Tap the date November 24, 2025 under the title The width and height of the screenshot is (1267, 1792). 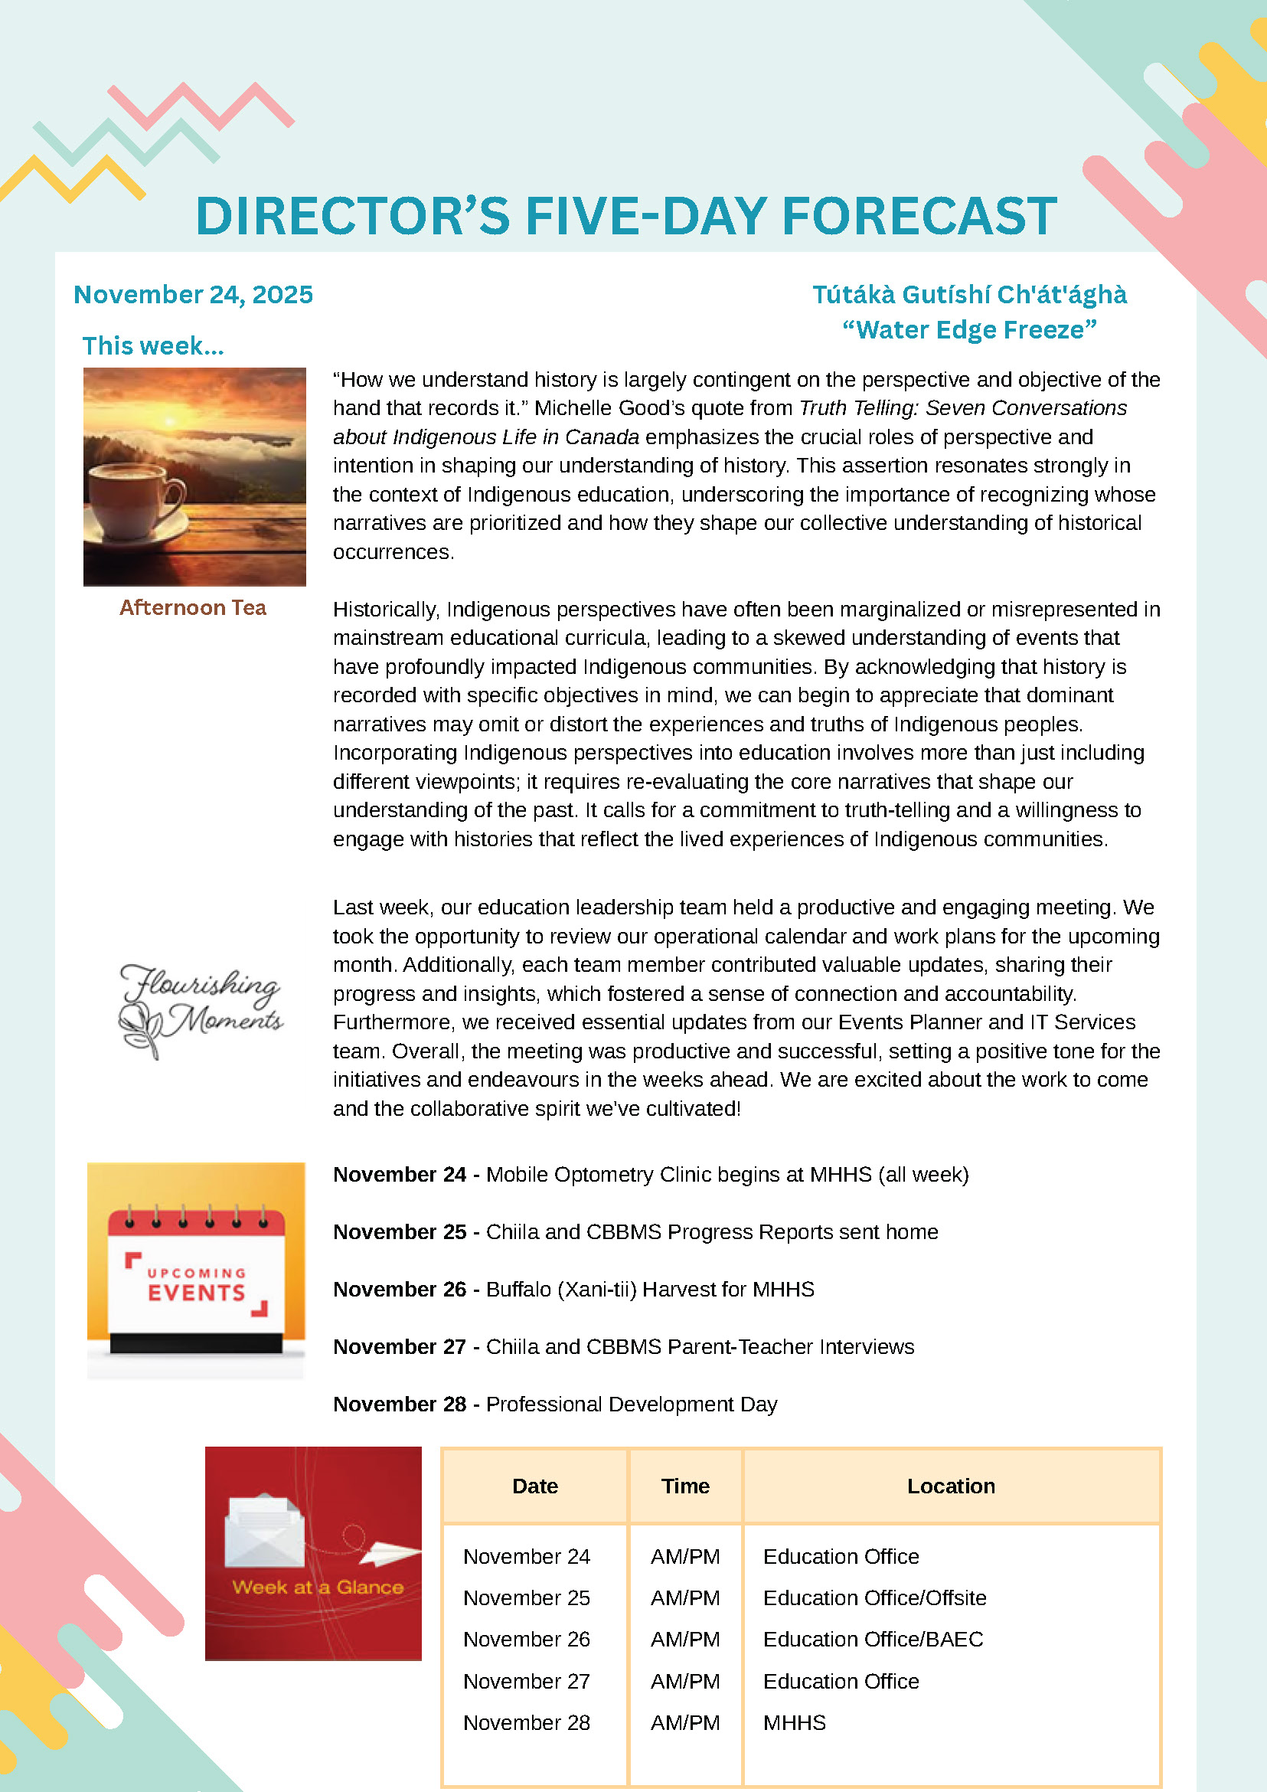193,294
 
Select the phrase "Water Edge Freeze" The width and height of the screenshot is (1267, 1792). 969,330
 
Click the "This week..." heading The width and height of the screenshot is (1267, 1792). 153,345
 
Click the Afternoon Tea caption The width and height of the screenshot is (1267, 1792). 193,607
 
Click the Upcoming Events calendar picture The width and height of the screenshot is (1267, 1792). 196,1270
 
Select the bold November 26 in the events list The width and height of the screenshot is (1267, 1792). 400,1290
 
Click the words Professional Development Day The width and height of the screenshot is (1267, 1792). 631,1404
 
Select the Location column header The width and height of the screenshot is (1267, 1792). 950,1486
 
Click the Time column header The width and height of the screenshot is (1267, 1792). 685,1486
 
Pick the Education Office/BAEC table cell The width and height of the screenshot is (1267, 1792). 872,1639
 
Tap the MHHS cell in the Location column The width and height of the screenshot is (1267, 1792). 794,1722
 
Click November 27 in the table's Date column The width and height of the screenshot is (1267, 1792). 527,1681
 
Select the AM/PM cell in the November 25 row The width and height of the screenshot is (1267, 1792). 685,1597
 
